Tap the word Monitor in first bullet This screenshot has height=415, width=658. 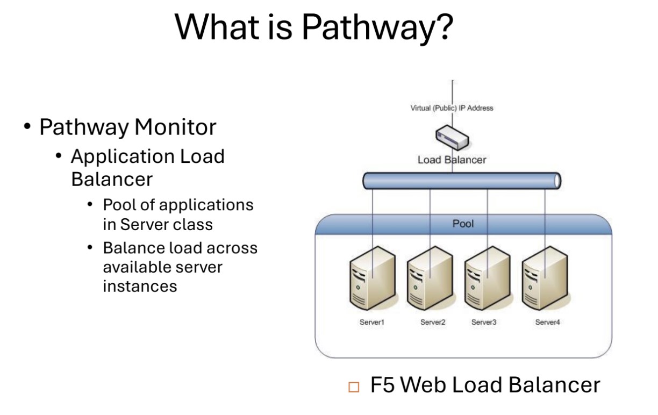tap(175, 127)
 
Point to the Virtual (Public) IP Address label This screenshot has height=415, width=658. tap(452, 108)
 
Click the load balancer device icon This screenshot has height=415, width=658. tap(452, 137)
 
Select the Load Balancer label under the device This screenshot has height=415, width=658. tap(452, 160)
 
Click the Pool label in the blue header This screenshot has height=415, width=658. tap(463, 223)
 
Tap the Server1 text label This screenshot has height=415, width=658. tap(372, 323)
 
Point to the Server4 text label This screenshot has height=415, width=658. tap(547, 323)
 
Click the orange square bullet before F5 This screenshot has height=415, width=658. tap(353, 387)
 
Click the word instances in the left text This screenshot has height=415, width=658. tap(140, 286)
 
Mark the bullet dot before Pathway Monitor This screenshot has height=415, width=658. tap(27, 128)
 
